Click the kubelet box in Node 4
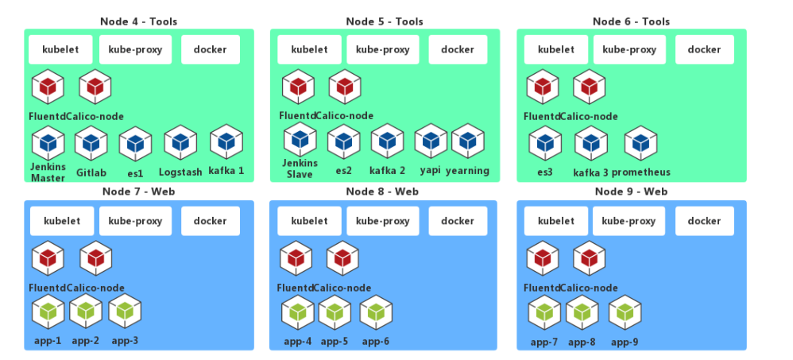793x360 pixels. coord(61,49)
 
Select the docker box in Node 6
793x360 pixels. coord(704,49)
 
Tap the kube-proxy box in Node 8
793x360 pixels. coord(384,221)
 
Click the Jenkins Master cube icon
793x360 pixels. coord(48,143)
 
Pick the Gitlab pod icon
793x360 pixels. coord(91,143)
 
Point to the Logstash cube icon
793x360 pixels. coord(180,143)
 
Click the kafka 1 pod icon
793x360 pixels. coord(226,143)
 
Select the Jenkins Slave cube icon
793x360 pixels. coord(300,140)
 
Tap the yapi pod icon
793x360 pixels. coord(431,141)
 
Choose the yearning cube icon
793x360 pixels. coord(468,141)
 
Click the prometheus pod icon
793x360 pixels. coord(640,143)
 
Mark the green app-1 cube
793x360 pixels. coord(48,312)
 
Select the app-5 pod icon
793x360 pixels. coord(335,312)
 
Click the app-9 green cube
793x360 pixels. coord(625,312)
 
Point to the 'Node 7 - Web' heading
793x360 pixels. coord(139,192)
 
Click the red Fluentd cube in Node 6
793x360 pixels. coord(543,86)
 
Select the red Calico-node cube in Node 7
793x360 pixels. coord(96,257)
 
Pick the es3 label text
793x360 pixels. coord(545,172)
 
